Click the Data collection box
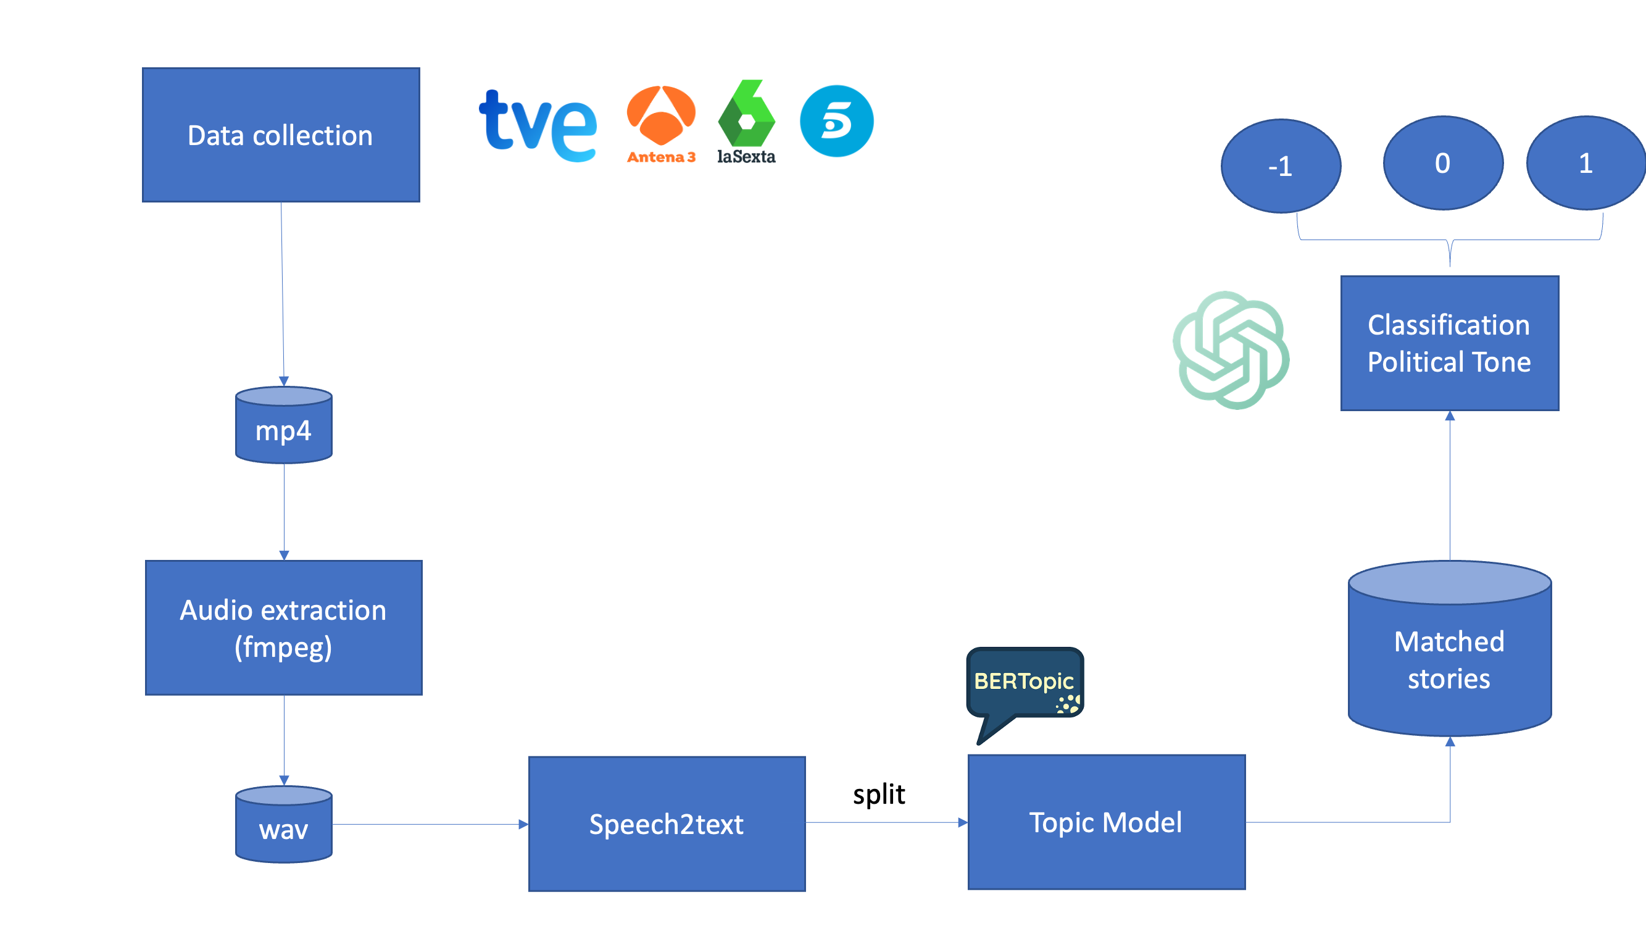281,135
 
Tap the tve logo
538,125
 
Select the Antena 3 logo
661,123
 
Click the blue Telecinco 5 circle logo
836,122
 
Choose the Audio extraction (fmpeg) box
284,628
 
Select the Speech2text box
667,824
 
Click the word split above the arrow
879,795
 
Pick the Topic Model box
1106,822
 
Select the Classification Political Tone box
1449,343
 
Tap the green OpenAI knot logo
1231,349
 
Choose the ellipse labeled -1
1281,166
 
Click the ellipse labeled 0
1443,163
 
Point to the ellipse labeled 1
1586,163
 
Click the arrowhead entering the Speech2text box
523,824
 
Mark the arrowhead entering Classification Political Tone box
1450,416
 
